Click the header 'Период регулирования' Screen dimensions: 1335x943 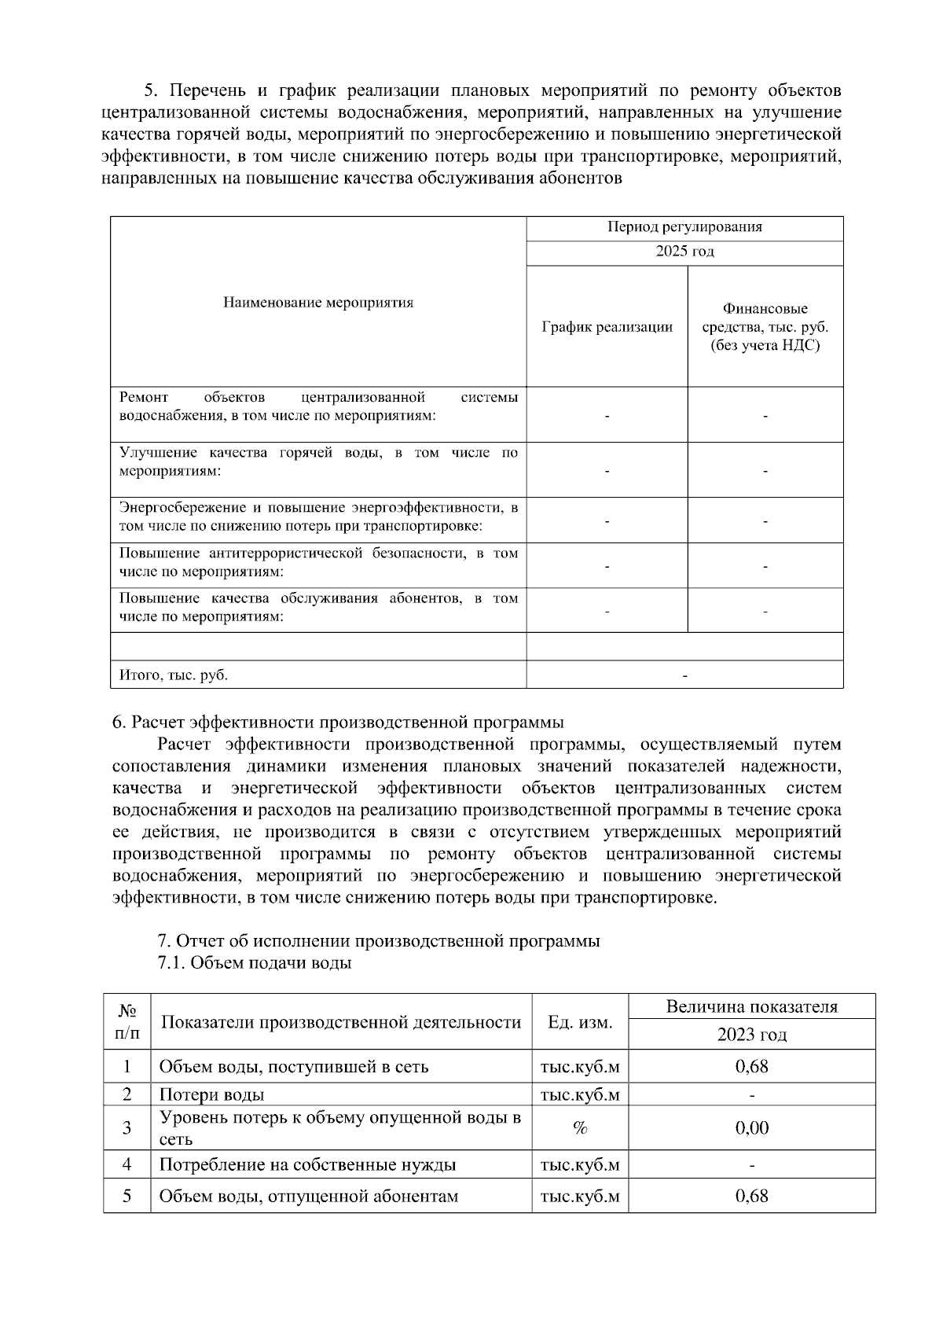(684, 227)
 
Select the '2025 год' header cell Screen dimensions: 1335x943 (684, 252)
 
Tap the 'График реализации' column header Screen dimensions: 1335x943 (607, 327)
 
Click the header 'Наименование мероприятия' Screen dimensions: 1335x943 (317, 303)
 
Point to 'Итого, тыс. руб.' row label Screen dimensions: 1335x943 (173, 675)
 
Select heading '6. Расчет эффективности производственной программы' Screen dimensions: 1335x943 (338, 722)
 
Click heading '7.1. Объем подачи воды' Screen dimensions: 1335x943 (254, 962)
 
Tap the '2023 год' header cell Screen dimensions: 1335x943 (751, 1034)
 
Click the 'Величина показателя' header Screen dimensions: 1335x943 (751, 1006)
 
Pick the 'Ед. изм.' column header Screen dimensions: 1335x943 (580, 1022)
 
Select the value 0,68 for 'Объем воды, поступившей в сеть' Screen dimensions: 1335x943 (751, 1066)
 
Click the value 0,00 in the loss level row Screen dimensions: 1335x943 (751, 1128)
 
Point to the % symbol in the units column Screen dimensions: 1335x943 (580, 1128)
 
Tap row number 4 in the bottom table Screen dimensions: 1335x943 (127, 1164)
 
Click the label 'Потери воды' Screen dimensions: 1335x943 (211, 1094)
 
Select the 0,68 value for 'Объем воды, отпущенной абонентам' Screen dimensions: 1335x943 (751, 1196)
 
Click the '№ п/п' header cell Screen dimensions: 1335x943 (127, 1021)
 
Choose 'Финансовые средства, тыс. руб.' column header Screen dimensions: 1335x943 (765, 327)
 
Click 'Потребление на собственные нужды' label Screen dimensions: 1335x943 (307, 1164)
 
